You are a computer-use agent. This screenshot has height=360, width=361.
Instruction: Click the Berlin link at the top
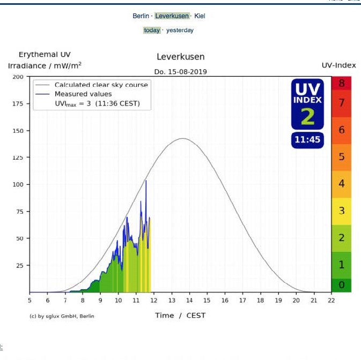pyautogui.click(x=141, y=16)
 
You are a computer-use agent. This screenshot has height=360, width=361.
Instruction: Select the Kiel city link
pyautogui.click(x=200, y=16)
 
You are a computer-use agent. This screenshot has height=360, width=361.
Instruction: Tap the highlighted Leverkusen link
pyautogui.click(x=172, y=16)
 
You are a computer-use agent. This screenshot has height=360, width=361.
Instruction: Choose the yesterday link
pyautogui.click(x=180, y=31)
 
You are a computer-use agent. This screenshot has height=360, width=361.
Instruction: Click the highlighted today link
pyautogui.click(x=152, y=31)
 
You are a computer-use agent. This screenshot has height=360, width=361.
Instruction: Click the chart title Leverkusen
pyautogui.click(x=180, y=57)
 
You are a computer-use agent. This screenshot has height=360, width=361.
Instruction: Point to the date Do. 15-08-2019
pyautogui.click(x=180, y=71)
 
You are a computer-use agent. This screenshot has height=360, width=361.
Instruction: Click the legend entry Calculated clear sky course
pyautogui.click(x=101, y=85)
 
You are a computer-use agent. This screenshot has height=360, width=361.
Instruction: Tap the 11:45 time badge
pyautogui.click(x=307, y=140)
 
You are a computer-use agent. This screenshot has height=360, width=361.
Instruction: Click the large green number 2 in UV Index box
pyautogui.click(x=307, y=116)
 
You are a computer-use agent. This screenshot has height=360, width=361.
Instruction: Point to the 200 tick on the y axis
pyautogui.click(x=18, y=77)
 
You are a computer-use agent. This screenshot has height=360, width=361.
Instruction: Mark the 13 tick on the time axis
pyautogui.click(x=189, y=301)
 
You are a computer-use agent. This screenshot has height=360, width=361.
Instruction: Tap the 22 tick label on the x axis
pyautogui.click(x=331, y=301)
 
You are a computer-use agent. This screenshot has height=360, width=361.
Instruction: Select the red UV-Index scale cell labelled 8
pyautogui.click(x=341, y=83)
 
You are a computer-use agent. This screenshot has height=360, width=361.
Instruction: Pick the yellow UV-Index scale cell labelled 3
pyautogui.click(x=341, y=211)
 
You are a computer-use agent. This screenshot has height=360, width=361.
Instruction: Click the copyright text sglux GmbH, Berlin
pyautogui.click(x=62, y=316)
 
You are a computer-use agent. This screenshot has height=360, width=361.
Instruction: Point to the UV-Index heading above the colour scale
pyautogui.click(x=338, y=65)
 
